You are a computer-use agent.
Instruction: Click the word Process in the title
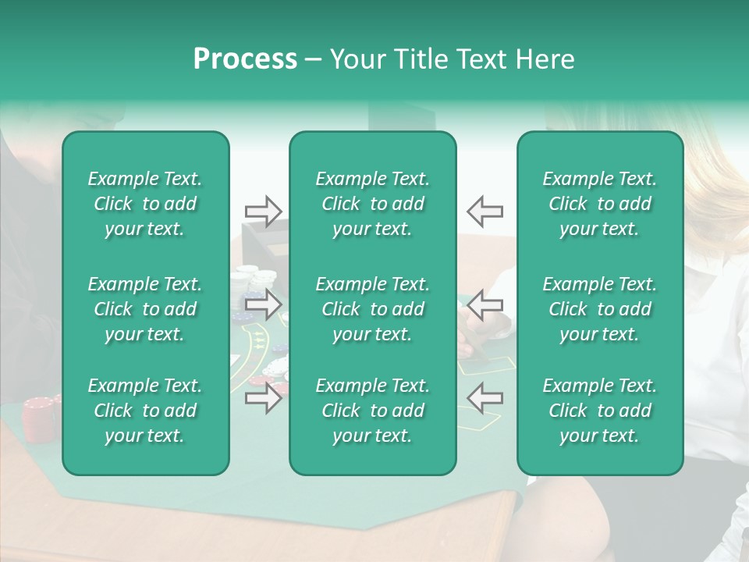(245, 59)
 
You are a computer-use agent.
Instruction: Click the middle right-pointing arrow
(263, 304)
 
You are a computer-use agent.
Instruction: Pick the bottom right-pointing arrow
(263, 399)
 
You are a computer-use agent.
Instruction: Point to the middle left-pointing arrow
(485, 304)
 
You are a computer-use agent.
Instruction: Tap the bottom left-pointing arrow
(485, 399)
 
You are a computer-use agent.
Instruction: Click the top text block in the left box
(145, 204)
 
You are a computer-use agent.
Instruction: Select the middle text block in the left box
(145, 309)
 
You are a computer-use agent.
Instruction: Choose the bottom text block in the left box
(145, 411)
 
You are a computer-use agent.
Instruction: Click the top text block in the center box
(372, 204)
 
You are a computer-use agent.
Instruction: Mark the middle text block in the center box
(372, 309)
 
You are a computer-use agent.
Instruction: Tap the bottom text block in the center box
(372, 411)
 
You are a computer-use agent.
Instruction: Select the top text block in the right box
(599, 204)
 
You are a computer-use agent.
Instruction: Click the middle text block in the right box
(599, 309)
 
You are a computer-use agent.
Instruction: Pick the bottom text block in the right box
(599, 411)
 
